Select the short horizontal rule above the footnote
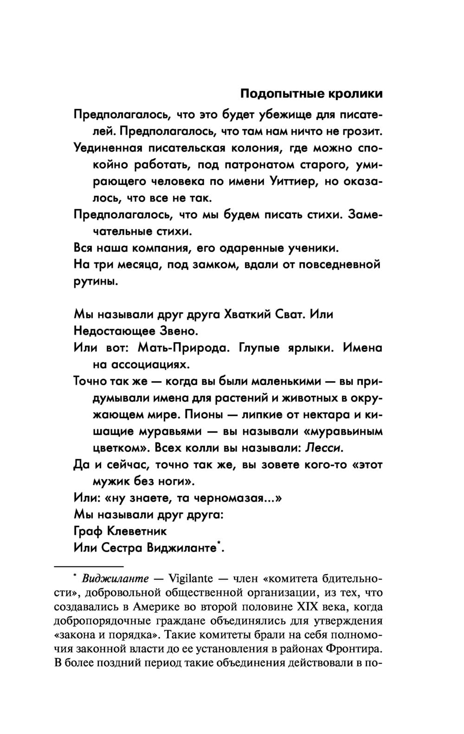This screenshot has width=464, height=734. tap(89, 566)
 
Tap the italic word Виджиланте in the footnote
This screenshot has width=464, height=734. tap(115, 579)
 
